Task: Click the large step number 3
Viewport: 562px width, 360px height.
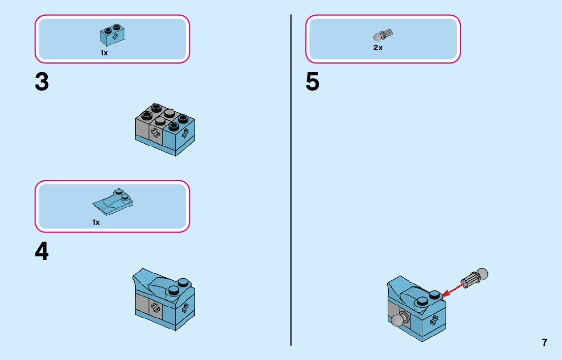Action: coord(42,83)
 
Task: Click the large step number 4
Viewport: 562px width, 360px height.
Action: coord(42,251)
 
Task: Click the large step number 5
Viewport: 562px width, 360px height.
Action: coord(313,83)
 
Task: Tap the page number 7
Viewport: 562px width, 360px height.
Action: coord(545,342)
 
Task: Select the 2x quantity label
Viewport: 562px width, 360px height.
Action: coord(378,48)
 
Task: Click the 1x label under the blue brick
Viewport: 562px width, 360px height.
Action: coord(104,53)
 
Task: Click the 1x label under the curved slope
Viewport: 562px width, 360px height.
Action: coord(96,222)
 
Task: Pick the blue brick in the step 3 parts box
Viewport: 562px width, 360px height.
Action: coord(112,34)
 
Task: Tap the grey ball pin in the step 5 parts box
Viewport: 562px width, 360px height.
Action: coord(384,36)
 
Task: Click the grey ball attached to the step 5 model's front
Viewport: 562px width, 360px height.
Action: coord(398,320)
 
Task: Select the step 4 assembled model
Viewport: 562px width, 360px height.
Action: coord(164,300)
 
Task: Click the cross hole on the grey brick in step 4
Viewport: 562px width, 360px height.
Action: coord(155,307)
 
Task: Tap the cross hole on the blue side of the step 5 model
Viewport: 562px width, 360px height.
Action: coord(433,320)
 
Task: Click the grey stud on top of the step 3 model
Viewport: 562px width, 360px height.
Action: coord(170,112)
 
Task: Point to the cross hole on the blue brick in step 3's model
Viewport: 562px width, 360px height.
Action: coord(185,133)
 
